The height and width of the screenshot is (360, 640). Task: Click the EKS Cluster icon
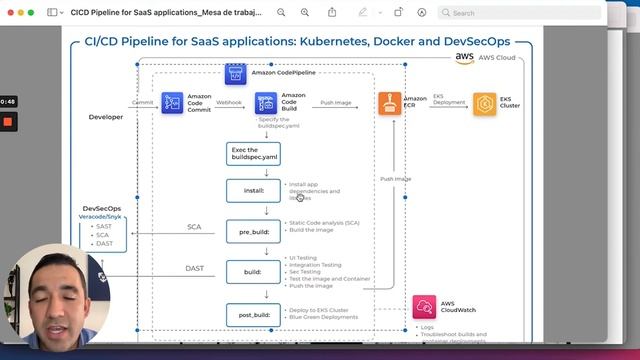pos(484,104)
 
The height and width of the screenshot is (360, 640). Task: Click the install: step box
pos(252,188)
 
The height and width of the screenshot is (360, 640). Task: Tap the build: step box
pos(252,271)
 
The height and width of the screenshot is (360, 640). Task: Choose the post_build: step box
pos(252,314)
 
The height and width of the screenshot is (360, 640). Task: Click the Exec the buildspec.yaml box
pos(252,154)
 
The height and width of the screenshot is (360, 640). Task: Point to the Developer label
pos(106,117)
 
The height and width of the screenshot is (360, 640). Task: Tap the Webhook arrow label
pos(228,101)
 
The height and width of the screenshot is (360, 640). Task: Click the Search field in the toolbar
pos(519,13)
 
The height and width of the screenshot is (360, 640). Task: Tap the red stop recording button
pos(8,122)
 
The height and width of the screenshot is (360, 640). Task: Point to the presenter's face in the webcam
pos(59,290)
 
